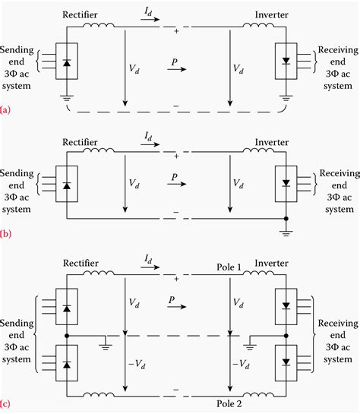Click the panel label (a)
(x=7, y=109)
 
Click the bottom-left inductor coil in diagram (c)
(x=101, y=393)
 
